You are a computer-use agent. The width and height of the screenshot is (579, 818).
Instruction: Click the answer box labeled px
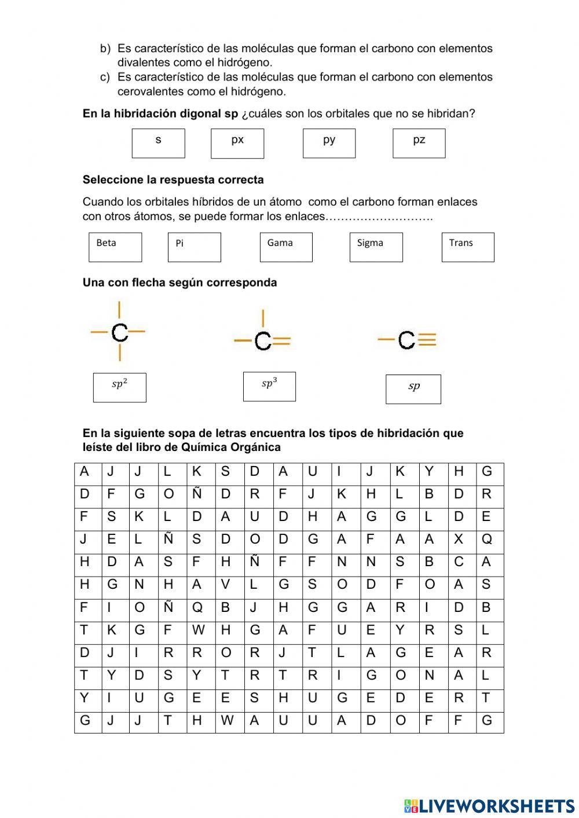click(x=237, y=144)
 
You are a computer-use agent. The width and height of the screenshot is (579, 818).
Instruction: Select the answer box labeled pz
click(x=419, y=144)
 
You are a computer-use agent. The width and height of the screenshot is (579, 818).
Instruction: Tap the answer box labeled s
click(x=158, y=144)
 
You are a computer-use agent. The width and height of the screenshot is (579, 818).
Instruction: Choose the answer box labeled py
click(x=329, y=144)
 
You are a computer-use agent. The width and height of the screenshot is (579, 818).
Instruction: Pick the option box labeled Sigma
click(x=376, y=247)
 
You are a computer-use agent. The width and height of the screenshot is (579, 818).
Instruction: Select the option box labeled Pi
click(x=194, y=247)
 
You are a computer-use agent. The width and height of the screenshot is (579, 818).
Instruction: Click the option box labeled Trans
click(x=468, y=247)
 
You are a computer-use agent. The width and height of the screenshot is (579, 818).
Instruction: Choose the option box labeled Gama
click(x=286, y=247)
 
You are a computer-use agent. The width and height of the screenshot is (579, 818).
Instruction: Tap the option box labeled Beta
click(x=115, y=247)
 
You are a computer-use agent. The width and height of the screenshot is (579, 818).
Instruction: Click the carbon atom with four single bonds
click(x=119, y=332)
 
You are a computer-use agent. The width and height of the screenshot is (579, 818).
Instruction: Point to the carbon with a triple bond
click(x=407, y=340)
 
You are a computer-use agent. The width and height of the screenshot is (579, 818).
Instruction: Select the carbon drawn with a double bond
click(x=263, y=342)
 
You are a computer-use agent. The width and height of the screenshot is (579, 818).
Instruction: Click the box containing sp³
click(x=269, y=387)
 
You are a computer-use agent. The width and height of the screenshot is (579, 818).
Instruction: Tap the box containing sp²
click(x=119, y=387)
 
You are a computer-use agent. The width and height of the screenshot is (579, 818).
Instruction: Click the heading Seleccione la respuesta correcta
click(x=173, y=180)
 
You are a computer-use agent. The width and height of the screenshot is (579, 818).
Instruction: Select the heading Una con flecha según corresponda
click(x=179, y=283)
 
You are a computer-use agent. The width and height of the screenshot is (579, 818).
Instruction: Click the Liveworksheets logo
click(x=489, y=805)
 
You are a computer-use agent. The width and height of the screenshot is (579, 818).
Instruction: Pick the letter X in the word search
click(x=459, y=539)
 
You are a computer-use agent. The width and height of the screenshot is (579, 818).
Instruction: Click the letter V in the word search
click(x=225, y=585)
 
